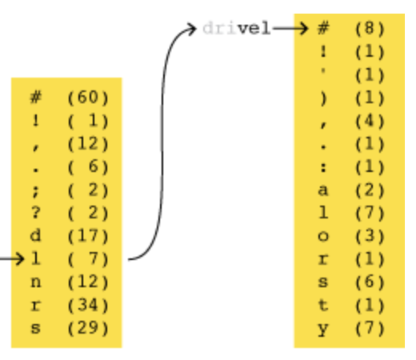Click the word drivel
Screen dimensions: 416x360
(x=237, y=28)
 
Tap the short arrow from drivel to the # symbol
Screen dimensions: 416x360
(x=290, y=28)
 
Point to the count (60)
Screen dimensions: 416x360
(x=88, y=98)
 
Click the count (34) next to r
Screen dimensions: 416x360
(x=88, y=305)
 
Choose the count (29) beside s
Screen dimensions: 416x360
(x=88, y=328)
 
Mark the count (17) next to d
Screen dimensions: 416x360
(x=88, y=236)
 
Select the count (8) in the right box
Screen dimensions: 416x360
(x=370, y=28)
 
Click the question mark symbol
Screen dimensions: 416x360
(x=36, y=213)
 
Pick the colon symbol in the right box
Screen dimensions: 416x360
(x=323, y=167)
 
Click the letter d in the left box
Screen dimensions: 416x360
(x=36, y=235)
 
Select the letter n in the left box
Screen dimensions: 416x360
(x=36, y=282)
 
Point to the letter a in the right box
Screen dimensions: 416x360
(x=323, y=190)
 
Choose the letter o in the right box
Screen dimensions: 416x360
(x=323, y=237)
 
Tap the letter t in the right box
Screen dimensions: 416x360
(x=323, y=305)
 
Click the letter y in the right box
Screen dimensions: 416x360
(x=323, y=330)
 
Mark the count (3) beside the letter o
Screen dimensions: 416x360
(x=370, y=236)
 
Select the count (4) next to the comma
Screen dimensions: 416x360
(x=370, y=121)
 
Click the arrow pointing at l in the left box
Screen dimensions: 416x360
(x=12, y=258)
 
